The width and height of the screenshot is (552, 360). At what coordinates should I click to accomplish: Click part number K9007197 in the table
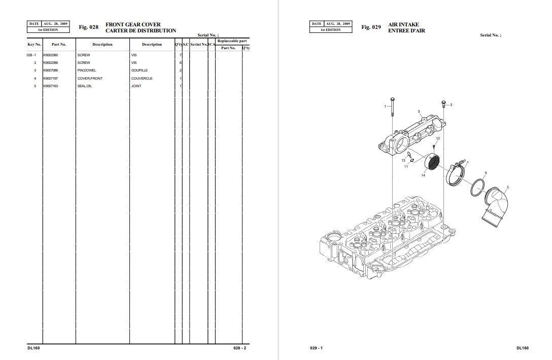click(50, 79)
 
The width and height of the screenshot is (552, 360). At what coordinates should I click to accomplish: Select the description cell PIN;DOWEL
click(87, 70)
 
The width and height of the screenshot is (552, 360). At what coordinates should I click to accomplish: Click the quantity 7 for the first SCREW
click(181, 55)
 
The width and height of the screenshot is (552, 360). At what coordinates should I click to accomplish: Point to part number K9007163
click(50, 86)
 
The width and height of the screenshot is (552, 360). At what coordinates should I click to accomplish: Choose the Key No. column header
click(34, 45)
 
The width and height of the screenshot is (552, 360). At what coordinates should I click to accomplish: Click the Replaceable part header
click(232, 41)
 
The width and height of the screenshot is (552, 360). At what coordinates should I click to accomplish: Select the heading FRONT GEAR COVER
click(133, 24)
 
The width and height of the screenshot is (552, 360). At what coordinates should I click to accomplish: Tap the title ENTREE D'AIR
click(406, 31)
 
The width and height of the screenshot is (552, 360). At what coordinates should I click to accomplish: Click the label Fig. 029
click(371, 27)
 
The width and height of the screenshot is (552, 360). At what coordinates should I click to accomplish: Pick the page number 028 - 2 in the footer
click(240, 348)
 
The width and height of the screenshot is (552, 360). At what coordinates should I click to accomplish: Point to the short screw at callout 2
click(444, 104)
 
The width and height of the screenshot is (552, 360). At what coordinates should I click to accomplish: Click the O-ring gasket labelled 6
click(477, 188)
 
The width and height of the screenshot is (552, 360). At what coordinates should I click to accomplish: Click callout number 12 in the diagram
click(437, 138)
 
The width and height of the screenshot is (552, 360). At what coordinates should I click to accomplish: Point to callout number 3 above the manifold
click(419, 112)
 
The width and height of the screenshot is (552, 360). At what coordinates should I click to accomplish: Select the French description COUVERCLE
click(142, 79)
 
